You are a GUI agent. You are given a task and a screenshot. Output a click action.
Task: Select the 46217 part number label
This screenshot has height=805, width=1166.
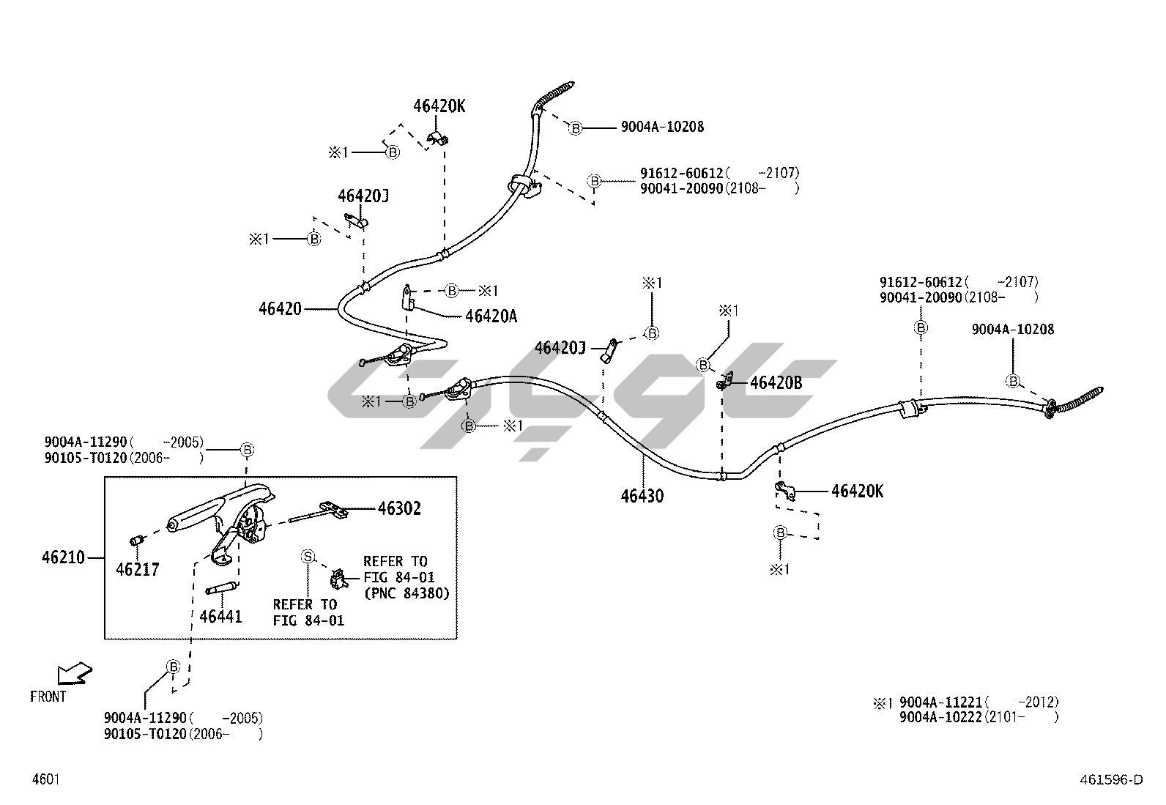137,569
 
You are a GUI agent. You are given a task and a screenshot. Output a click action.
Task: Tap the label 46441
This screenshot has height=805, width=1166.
220,617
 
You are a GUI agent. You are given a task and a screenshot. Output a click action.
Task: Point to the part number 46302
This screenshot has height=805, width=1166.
399,508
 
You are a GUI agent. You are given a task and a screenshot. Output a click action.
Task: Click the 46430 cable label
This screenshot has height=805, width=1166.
642,496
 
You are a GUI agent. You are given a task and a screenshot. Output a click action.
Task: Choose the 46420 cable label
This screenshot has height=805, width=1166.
280,309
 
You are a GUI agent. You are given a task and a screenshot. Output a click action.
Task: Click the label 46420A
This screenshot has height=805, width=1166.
491,316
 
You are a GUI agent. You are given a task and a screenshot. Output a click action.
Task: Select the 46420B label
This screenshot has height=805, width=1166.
776,382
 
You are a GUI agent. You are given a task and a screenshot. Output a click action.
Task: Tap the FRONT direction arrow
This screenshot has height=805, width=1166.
74,673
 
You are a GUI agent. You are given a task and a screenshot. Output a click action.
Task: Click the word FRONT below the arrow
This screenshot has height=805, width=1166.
48,697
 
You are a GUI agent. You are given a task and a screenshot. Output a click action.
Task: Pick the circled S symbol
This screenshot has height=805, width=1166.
308,557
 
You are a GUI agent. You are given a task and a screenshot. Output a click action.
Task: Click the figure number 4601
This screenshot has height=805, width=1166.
45,779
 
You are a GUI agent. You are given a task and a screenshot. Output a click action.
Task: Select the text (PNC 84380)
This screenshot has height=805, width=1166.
406,593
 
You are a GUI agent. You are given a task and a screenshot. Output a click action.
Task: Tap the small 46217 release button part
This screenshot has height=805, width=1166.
135,541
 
